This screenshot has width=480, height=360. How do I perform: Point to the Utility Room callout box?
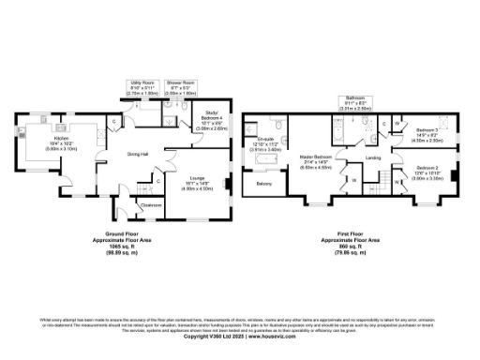point(142,88)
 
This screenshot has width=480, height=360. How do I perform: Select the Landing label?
point(371,158)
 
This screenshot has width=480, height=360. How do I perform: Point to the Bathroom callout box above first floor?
point(354,102)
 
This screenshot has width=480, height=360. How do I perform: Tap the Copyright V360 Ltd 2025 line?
point(240,337)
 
